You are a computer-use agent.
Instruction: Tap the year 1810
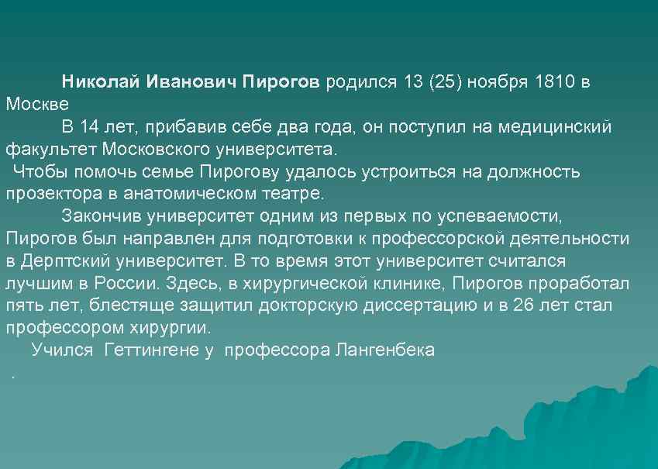pos(556,82)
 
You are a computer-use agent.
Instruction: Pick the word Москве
pos(37,104)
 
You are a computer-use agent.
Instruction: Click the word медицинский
pos(555,126)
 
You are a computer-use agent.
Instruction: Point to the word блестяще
pos(112,305)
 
